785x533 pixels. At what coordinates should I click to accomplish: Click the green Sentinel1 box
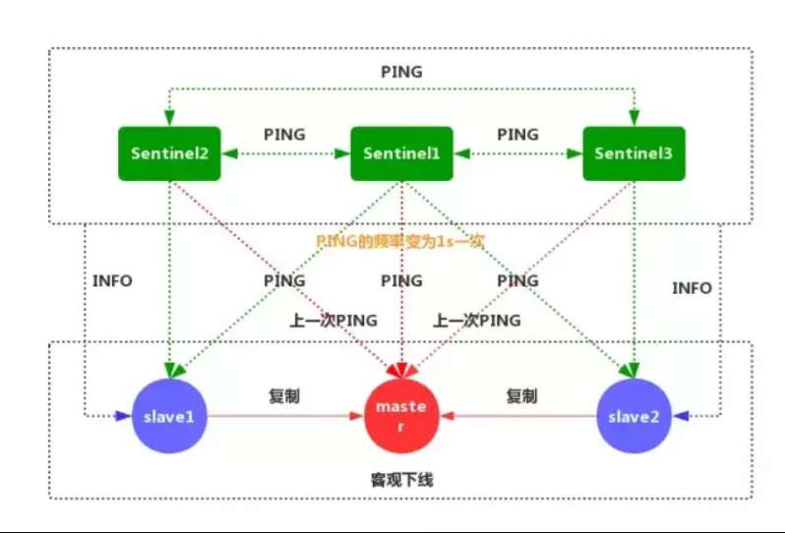(x=401, y=153)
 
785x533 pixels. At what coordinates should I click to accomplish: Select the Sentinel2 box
(x=169, y=153)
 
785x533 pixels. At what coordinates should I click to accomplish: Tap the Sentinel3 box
(x=634, y=153)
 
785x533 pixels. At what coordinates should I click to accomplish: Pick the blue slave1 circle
(x=169, y=416)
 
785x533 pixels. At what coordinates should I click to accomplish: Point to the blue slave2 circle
(x=634, y=416)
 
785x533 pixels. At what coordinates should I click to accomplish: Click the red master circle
(x=400, y=416)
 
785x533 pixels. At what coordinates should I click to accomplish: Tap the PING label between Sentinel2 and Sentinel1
(x=284, y=134)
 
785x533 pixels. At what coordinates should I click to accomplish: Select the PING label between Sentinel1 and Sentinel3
(x=517, y=134)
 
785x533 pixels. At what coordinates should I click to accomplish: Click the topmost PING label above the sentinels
(x=400, y=72)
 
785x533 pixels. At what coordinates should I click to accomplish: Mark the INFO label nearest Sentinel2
(x=112, y=280)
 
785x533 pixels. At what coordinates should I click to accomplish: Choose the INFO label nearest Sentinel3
(x=692, y=288)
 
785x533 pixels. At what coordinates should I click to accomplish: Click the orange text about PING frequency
(x=400, y=240)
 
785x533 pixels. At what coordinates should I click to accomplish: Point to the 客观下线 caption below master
(x=401, y=480)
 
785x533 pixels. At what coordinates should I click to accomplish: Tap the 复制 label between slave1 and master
(x=284, y=396)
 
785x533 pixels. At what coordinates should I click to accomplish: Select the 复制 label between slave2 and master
(x=522, y=396)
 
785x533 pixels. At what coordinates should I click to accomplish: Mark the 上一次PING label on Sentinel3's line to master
(x=477, y=320)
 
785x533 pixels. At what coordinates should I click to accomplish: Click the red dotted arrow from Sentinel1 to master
(x=401, y=295)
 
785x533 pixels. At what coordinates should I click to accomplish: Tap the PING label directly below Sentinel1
(x=401, y=280)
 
